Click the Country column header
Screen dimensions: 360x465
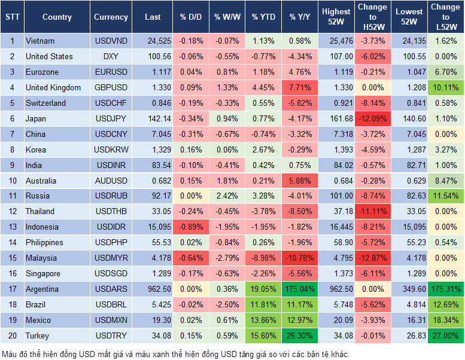(x=57, y=17)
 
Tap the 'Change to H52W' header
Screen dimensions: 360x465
(x=372, y=17)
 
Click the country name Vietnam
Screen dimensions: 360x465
(x=40, y=41)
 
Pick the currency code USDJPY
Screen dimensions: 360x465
(x=111, y=119)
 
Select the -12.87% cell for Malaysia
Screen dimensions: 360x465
(x=372, y=258)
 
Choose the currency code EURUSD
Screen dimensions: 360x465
(x=111, y=72)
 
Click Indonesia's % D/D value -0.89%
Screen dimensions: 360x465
(x=190, y=227)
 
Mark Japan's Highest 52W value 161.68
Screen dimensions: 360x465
(x=336, y=119)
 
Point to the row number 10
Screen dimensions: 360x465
(x=12, y=181)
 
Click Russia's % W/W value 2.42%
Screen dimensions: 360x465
(x=227, y=196)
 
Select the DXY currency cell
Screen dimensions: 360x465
(x=111, y=57)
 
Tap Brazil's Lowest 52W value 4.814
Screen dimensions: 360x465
(x=410, y=305)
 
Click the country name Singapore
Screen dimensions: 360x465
(x=42, y=274)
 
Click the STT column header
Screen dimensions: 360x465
(x=12, y=17)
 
